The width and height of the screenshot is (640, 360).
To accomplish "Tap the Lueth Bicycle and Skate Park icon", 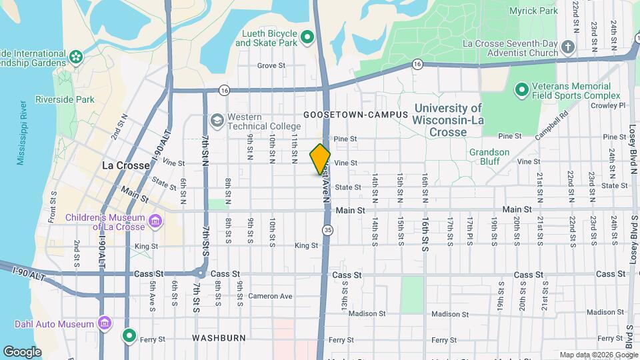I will [307, 38].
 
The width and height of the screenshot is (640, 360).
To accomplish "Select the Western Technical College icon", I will [217, 121].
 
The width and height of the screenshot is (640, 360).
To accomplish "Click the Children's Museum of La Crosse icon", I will [155, 221].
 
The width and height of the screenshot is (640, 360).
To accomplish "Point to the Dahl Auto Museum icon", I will [105, 324].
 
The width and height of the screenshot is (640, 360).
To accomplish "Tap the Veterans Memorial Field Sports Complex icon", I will [521, 89].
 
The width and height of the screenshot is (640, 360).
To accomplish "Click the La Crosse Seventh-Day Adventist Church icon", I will [567, 47].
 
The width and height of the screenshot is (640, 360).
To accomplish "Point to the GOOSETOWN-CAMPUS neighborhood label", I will [355, 115].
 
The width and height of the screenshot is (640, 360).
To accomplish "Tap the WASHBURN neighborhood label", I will [219, 338].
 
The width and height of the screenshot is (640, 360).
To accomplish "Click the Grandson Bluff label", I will [489, 157].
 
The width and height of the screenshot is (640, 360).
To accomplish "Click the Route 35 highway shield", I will [327, 230].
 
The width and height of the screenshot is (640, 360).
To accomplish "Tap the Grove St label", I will [271, 65].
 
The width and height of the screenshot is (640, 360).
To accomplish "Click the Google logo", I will [22, 351].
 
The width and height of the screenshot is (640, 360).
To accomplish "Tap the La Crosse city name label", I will [125, 165].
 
